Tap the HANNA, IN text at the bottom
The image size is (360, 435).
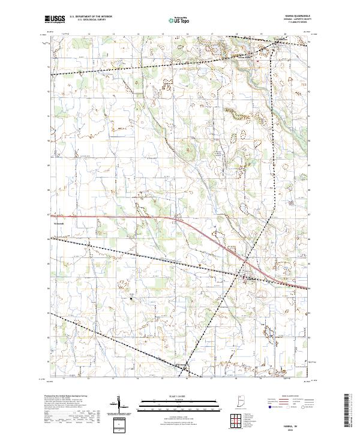pyautogui.click(x=291, y=424)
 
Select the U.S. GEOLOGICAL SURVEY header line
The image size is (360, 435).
pyautogui.click(x=87, y=20)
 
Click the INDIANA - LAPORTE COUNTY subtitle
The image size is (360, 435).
pyautogui.click(x=290, y=19)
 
